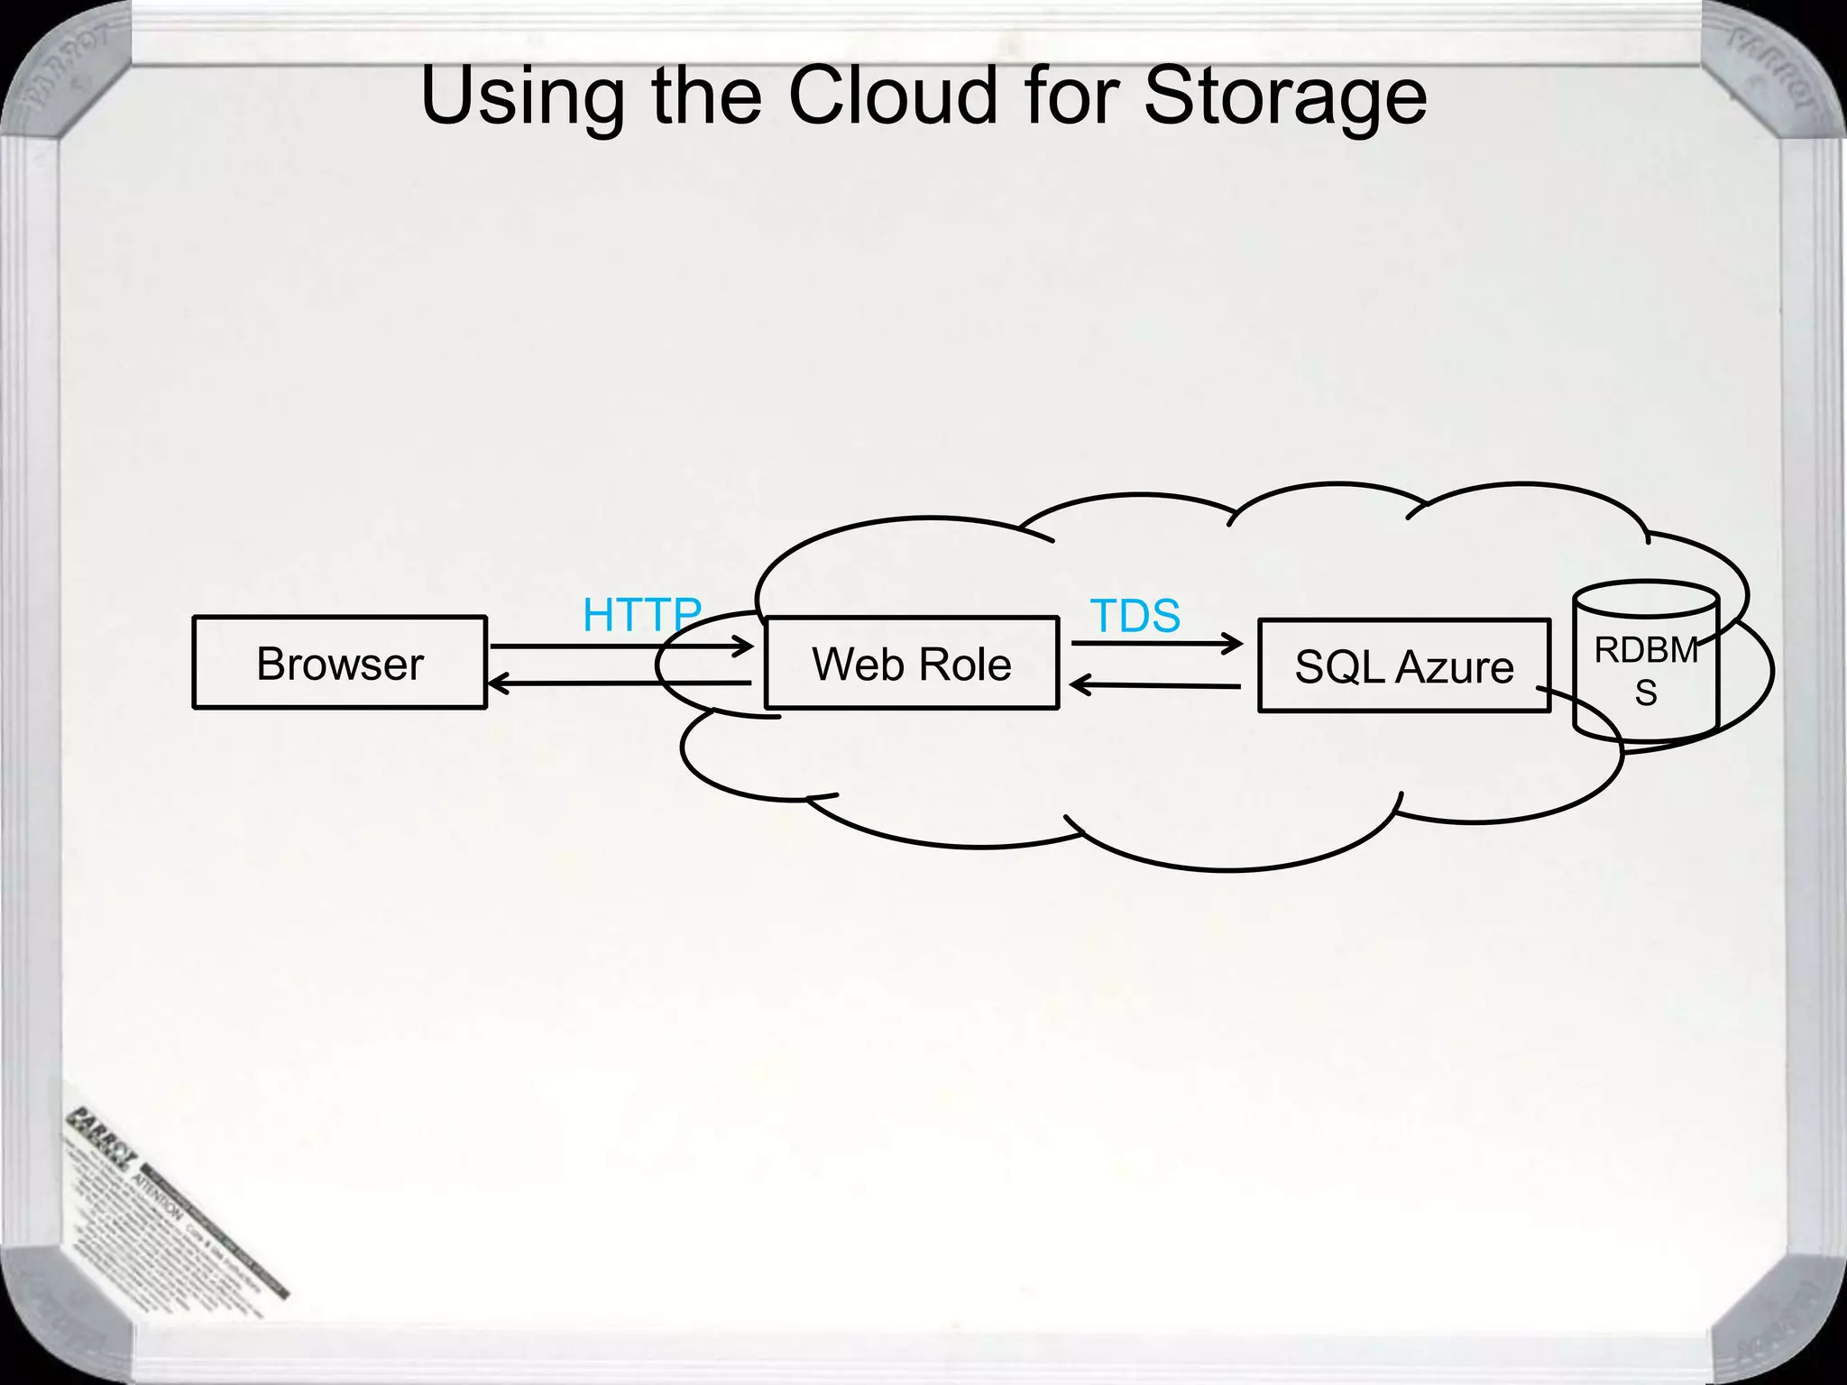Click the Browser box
pyautogui.click(x=339, y=663)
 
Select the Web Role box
pyautogui.click(x=911, y=663)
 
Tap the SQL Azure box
pyautogui.click(x=1403, y=666)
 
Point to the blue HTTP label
pyautogui.click(x=641, y=615)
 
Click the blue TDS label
pyautogui.click(x=1135, y=616)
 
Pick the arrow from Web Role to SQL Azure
pyautogui.click(x=1156, y=643)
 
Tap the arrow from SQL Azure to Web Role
pyautogui.click(x=1156, y=686)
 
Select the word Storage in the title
pyautogui.click(x=1284, y=97)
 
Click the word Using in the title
pyautogui.click(x=522, y=97)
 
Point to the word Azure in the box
pyautogui.click(x=1454, y=667)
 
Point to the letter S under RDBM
pyautogui.click(x=1646, y=692)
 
